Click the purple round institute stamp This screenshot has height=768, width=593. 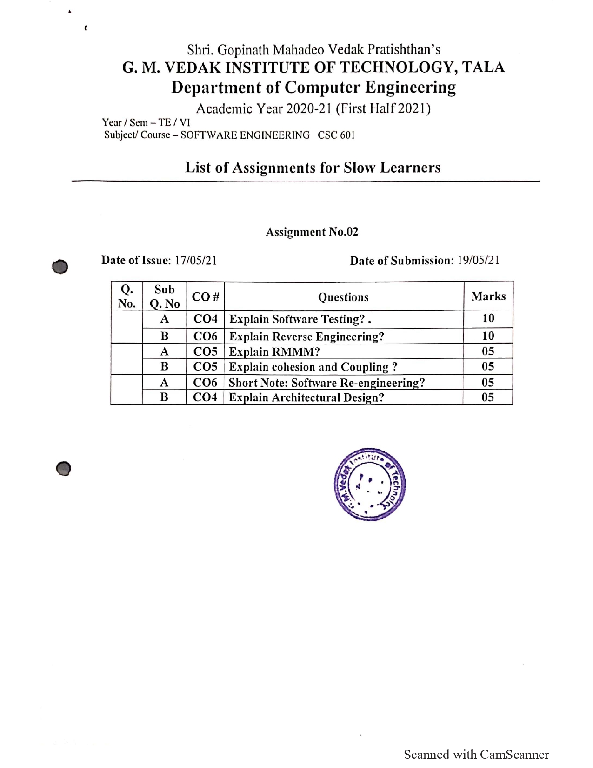pos(370,484)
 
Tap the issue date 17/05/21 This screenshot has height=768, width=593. pos(195,260)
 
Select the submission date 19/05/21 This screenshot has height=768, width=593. pos(478,260)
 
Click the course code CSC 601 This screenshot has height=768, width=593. pos(336,135)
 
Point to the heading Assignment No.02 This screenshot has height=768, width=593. pos(312,232)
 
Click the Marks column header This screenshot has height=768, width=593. pos(488,296)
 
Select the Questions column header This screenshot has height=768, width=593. pos(343,297)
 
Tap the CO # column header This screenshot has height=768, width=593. pos(205,296)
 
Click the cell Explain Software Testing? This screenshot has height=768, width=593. pos(300,319)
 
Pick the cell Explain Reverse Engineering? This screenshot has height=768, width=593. pos(306,337)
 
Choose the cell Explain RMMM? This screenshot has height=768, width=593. pos(274,351)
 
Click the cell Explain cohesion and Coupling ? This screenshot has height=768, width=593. pos(313,367)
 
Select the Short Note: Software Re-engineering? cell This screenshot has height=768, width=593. pos(326,383)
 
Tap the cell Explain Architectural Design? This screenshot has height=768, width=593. pos(306,397)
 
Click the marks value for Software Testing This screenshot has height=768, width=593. pos(488,318)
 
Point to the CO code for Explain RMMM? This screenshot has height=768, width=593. pos(205,351)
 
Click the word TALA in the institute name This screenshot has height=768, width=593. pos(483,67)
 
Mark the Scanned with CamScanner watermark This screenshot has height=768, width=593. pos(476,754)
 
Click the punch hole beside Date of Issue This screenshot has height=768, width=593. pos(60,267)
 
